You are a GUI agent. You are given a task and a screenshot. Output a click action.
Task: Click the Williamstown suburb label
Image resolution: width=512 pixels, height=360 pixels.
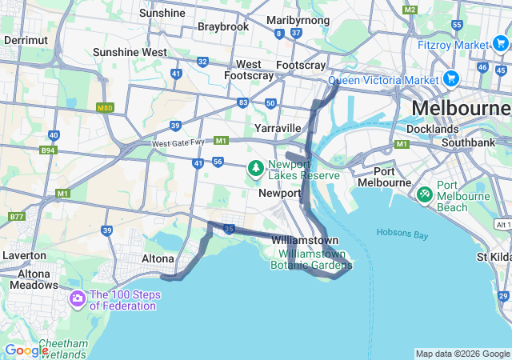[304, 240]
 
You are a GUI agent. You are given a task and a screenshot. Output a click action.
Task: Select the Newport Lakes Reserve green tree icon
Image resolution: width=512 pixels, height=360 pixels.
[255, 169]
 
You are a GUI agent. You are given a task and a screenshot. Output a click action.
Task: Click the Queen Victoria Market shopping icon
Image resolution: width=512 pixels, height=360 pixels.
[450, 79]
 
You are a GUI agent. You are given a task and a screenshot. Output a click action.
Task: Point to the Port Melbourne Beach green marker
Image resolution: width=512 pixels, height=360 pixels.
[425, 194]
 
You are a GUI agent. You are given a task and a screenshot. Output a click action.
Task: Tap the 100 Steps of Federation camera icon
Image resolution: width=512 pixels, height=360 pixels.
[78, 300]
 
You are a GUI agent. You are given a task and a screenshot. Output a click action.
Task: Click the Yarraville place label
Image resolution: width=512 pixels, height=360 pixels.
[277, 128]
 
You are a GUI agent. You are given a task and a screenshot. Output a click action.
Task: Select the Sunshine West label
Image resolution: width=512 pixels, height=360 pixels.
[130, 52]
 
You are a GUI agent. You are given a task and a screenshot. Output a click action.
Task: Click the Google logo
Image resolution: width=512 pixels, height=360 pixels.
[26, 350]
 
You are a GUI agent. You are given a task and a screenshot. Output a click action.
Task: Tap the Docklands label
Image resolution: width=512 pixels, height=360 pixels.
[432, 128]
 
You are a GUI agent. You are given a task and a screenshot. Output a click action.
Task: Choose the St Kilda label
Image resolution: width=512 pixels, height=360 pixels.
[494, 257]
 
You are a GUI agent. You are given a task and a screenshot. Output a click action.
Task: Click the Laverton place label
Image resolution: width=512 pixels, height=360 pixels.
[25, 255]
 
